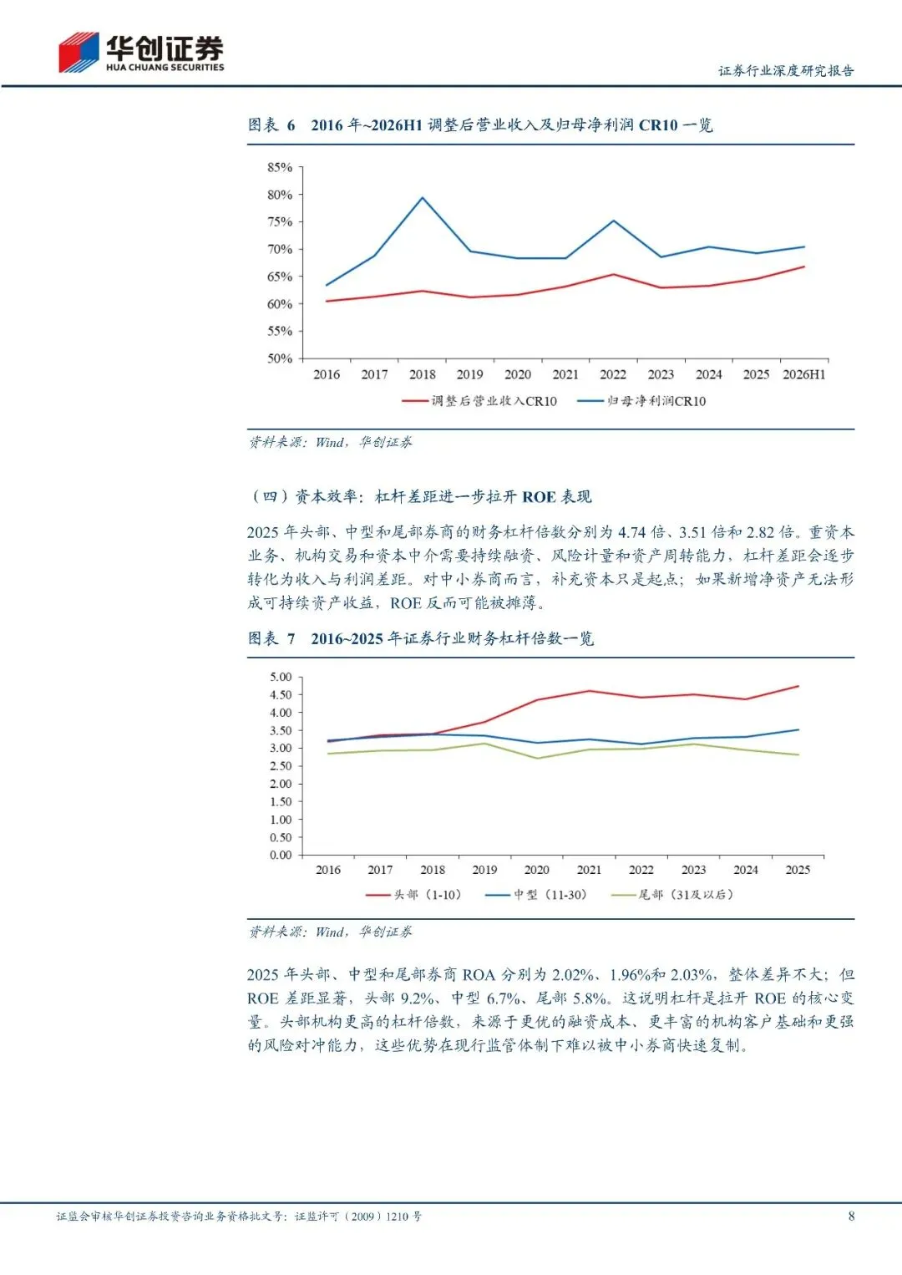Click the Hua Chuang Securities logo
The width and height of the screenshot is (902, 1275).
click(x=141, y=53)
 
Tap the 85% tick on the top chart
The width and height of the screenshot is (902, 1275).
click(x=280, y=167)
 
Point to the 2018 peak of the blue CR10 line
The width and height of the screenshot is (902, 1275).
click(x=423, y=197)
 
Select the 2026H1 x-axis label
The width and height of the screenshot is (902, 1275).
click(x=803, y=374)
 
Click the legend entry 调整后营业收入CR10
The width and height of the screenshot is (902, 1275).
click(x=479, y=401)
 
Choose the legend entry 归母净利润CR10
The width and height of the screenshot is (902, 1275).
click(x=641, y=401)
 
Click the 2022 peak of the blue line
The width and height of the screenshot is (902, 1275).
click(x=613, y=221)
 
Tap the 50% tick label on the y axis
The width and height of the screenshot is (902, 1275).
click(x=280, y=358)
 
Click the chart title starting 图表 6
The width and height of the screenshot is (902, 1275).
click(x=480, y=125)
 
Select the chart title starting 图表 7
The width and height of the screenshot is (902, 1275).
click(x=421, y=638)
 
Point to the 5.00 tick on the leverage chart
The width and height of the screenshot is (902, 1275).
click(x=281, y=677)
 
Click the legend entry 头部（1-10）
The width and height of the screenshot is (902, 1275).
click(x=413, y=895)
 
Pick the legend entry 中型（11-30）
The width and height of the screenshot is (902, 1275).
click(x=535, y=895)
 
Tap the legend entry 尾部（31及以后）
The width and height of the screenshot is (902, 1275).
click(x=672, y=895)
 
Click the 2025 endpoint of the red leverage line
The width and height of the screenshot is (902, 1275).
click(x=798, y=687)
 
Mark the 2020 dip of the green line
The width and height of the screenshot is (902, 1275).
click(x=537, y=758)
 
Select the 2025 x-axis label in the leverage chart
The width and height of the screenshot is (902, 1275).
click(x=798, y=870)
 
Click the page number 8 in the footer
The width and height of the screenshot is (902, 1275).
click(x=851, y=1217)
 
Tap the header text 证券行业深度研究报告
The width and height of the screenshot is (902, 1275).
click(x=786, y=71)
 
